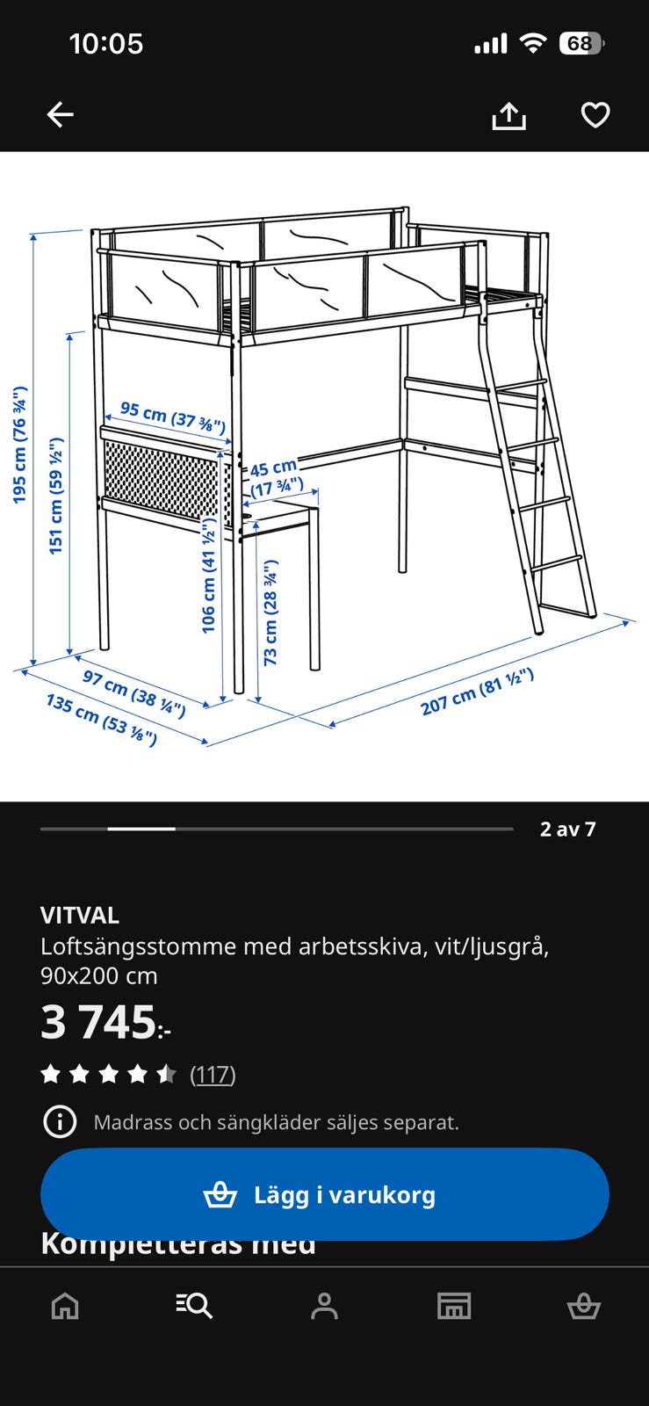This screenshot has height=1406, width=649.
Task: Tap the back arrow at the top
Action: point(60,114)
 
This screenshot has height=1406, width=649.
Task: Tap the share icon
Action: point(508,115)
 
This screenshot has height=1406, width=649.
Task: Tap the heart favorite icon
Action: point(595,115)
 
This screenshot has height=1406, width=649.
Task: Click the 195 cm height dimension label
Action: point(19,445)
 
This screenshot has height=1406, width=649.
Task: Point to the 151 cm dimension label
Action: point(55,496)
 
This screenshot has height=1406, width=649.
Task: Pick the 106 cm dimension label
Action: point(208,576)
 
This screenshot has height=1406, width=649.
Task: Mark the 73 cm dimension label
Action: point(270,612)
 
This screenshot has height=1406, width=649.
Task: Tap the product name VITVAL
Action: point(80,915)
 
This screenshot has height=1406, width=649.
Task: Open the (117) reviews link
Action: point(213,1074)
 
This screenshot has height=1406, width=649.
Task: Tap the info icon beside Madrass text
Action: point(60,1122)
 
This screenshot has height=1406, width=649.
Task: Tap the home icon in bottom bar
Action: point(65,1306)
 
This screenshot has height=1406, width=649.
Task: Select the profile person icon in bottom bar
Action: point(324,1306)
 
